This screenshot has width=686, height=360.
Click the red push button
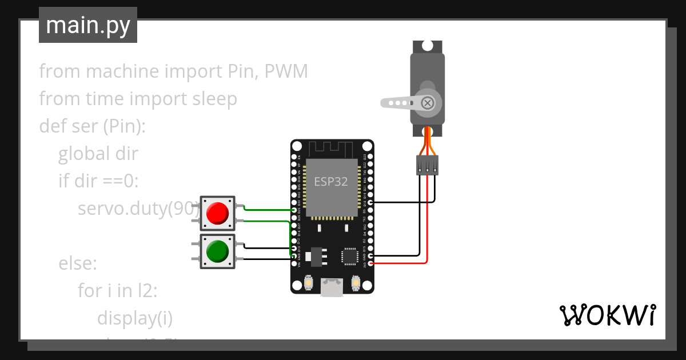click(217, 213)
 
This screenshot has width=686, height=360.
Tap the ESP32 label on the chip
click(331, 182)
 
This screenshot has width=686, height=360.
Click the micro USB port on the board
click(332, 287)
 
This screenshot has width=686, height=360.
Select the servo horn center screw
click(427, 103)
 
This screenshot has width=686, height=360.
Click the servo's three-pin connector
click(427, 165)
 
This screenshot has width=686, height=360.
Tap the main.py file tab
click(88, 25)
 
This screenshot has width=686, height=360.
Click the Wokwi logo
click(607, 315)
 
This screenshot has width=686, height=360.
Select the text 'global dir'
click(98, 154)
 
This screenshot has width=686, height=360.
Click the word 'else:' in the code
click(78, 263)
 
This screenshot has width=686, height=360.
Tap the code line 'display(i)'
click(135, 318)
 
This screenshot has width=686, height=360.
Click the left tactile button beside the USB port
click(309, 283)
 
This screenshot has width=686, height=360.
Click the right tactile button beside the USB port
click(356, 283)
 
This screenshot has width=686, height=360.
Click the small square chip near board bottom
click(349, 257)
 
